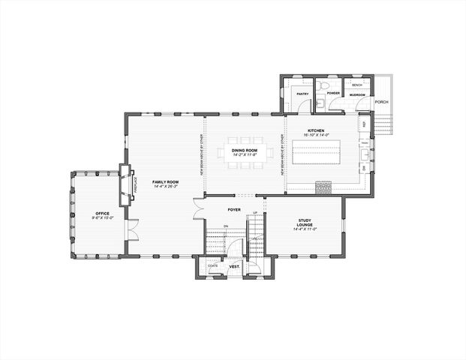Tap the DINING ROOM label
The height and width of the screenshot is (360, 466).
(244, 150)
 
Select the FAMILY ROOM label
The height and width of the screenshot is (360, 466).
(165, 181)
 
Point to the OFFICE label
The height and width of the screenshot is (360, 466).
(102, 214)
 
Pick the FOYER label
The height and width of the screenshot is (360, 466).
(234, 210)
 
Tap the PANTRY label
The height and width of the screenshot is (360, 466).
(302, 94)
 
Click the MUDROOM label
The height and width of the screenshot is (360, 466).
(356, 95)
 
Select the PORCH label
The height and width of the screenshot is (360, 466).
(381, 102)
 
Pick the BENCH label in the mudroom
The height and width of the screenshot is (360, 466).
(356, 85)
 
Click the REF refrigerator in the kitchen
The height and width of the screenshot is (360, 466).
(364, 124)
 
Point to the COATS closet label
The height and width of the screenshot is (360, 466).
(213, 265)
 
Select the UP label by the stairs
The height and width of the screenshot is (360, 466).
(256, 214)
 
